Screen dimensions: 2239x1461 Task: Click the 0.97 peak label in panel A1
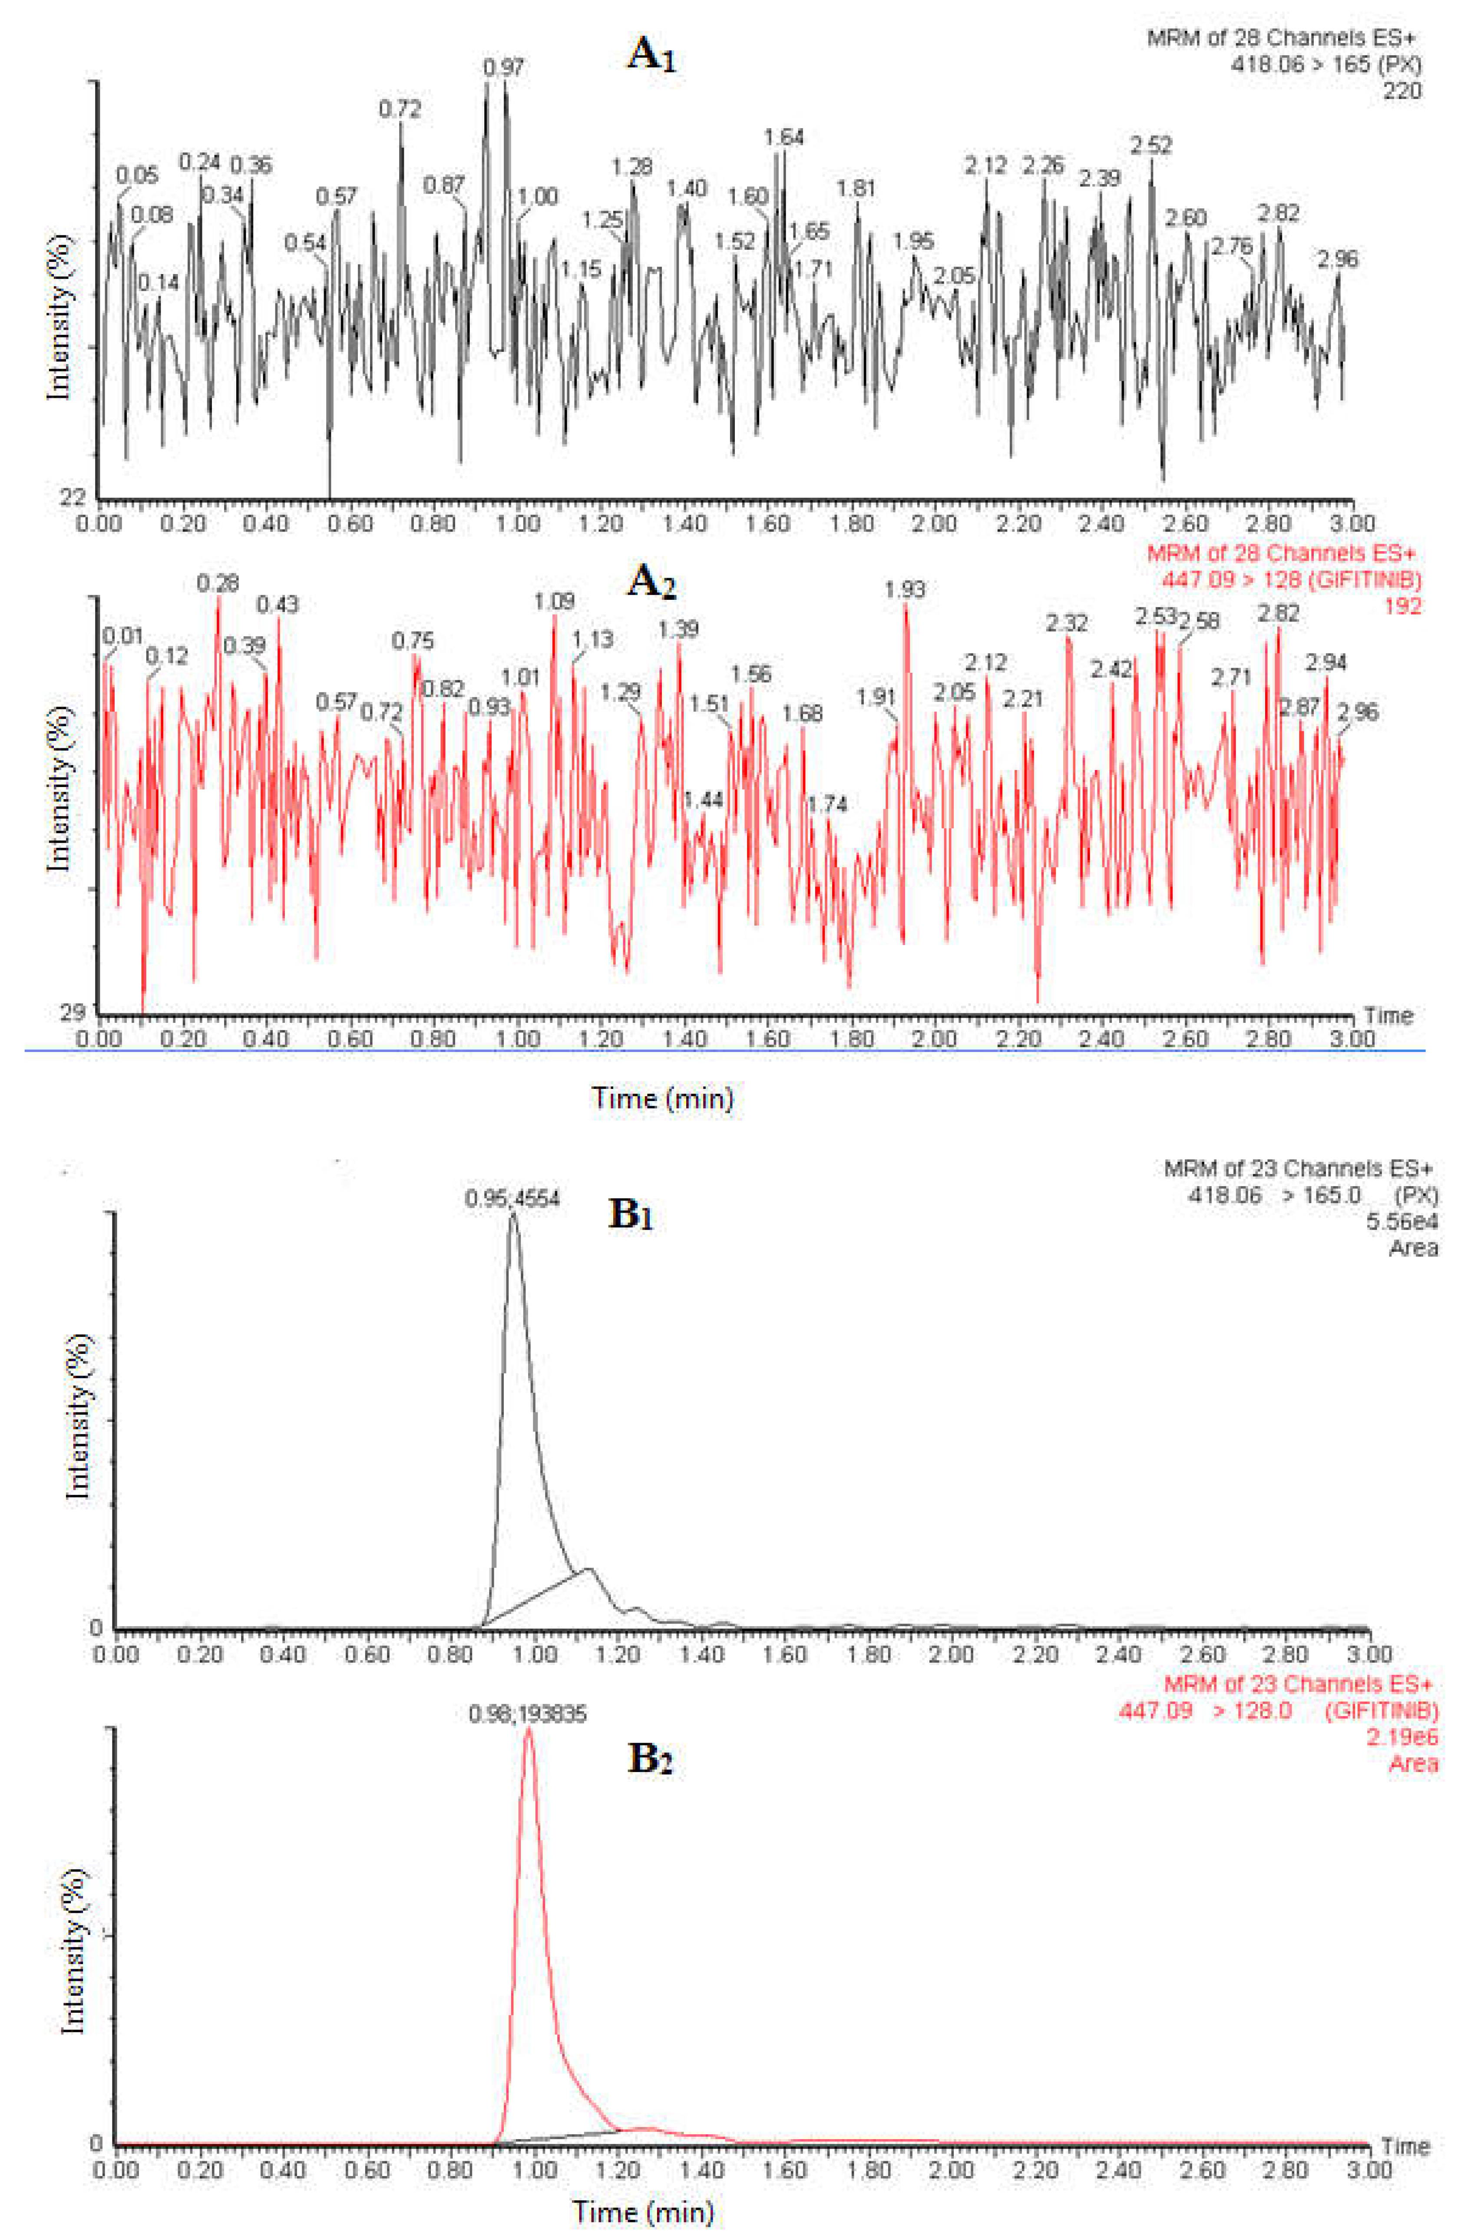pyautogui.click(x=504, y=68)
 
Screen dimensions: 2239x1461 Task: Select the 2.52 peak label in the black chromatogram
pyautogui.click(x=1151, y=146)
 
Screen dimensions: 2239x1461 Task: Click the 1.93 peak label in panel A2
pyautogui.click(x=905, y=590)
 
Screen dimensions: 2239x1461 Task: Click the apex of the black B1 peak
pyautogui.click(x=513, y=1215)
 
